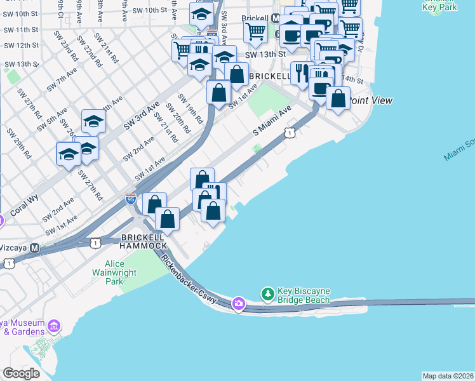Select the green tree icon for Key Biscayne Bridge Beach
[268, 295]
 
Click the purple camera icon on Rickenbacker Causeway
[238, 304]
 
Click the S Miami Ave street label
[272, 121]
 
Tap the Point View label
[371, 100]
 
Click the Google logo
[21, 373]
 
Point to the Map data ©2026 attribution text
[448, 376]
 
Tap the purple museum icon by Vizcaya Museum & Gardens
[54, 326]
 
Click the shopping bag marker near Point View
[338, 99]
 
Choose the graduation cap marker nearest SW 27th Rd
[69, 154]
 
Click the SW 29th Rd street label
[18, 144]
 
